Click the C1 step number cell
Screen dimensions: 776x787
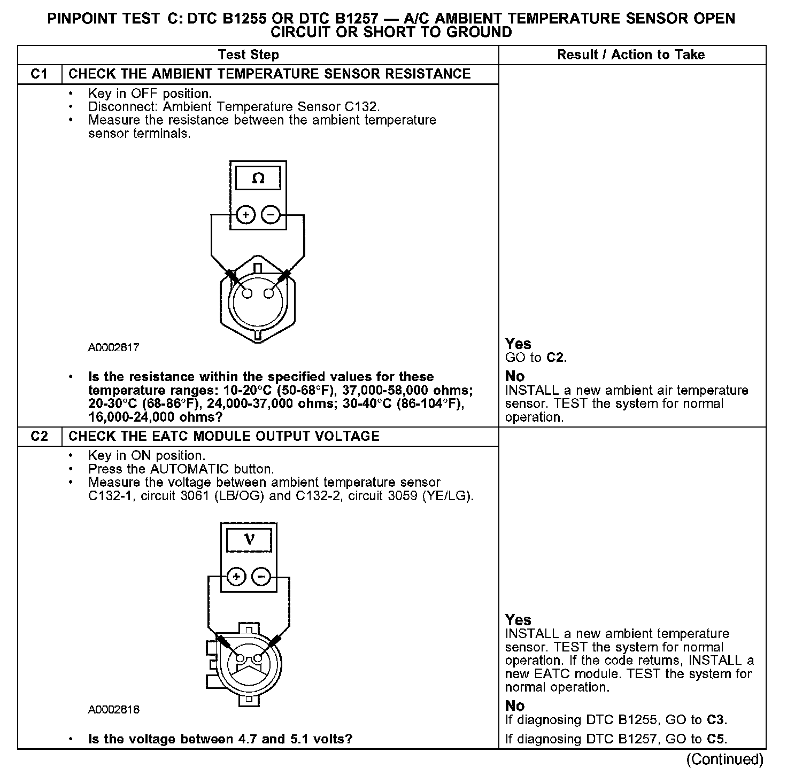coord(40,74)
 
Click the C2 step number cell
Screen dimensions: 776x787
coord(40,436)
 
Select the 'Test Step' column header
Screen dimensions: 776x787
coord(248,55)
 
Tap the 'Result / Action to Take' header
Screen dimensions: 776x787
coord(631,55)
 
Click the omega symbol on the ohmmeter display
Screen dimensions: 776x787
coord(258,179)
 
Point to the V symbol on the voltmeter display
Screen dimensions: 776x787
coord(249,540)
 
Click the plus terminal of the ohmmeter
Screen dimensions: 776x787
coord(245,215)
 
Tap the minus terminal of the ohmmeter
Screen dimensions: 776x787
coord(271,215)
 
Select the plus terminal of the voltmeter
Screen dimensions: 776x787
coord(237,577)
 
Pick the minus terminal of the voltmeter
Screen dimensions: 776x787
coord(261,577)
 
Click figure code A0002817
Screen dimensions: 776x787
coord(113,347)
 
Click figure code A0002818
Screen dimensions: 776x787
coord(113,710)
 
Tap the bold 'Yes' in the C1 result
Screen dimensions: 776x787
coord(518,344)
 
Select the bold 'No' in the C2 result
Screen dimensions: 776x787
coord(514,706)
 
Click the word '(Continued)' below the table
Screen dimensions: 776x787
coord(725,759)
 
